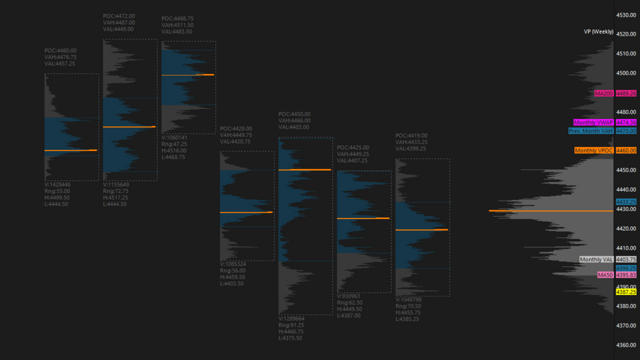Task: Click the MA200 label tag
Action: (604, 94)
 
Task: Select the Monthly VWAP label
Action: (594, 122)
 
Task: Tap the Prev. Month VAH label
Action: (591, 131)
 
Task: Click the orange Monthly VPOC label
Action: (594, 151)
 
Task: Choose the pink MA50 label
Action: (605, 275)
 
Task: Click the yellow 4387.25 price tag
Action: (626, 292)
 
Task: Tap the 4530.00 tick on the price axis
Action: (626, 15)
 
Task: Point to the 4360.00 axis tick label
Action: (626, 345)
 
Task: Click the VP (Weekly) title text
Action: (599, 32)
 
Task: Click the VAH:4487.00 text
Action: (118, 23)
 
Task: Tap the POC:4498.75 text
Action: (178, 19)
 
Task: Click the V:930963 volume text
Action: (348, 296)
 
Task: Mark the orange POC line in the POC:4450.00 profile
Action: (304, 169)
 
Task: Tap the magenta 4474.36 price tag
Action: (626, 122)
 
